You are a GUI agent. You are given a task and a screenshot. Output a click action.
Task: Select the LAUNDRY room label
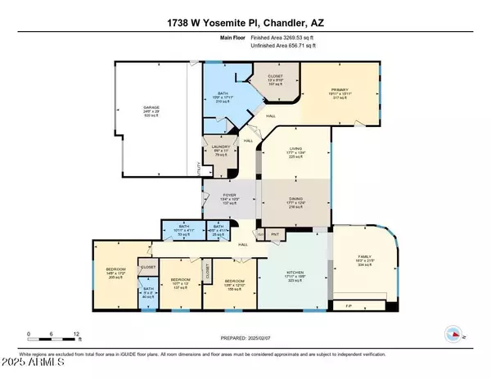[215, 148]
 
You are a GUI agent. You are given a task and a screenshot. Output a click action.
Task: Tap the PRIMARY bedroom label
[341, 91]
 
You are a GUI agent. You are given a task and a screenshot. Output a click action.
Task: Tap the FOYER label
[229, 196]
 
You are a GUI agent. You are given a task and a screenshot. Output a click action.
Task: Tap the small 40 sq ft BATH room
[148, 292]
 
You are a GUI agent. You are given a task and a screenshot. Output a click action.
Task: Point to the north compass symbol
[451, 333]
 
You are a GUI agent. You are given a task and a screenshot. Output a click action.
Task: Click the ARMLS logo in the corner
[29, 363]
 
